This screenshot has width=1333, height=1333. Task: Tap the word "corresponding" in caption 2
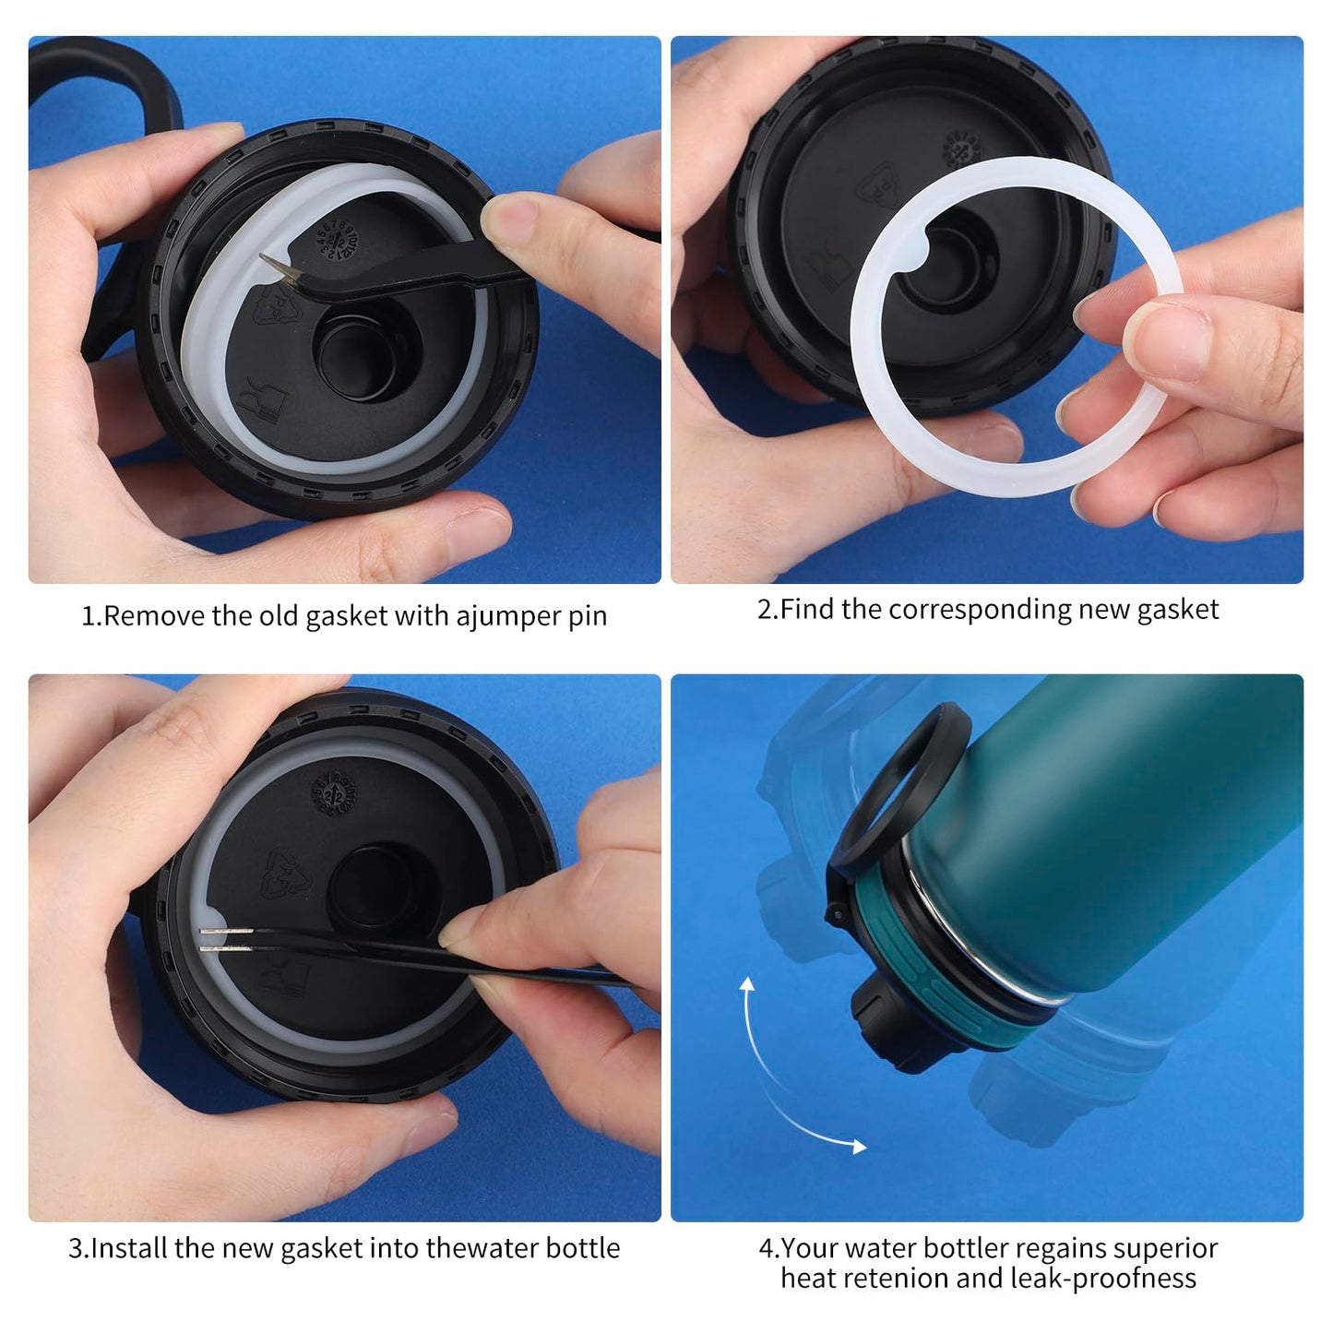tap(980, 610)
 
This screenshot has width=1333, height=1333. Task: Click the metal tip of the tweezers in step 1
tap(278, 268)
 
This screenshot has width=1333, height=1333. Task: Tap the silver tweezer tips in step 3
tap(225, 940)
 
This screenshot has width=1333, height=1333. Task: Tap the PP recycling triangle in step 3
tap(289, 873)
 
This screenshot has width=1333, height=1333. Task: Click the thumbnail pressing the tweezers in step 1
tap(508, 216)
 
